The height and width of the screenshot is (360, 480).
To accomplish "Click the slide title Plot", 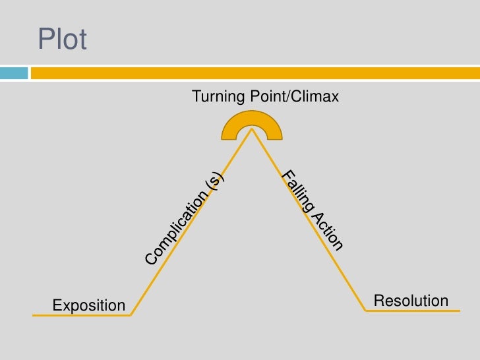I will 62,40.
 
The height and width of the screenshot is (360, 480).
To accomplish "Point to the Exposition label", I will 88,305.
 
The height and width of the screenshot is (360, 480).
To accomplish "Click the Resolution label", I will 410,301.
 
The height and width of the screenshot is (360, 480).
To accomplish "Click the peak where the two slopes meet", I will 251,129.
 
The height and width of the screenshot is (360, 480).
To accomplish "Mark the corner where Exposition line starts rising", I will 131,315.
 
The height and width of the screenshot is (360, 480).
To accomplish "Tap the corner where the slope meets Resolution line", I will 366,310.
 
